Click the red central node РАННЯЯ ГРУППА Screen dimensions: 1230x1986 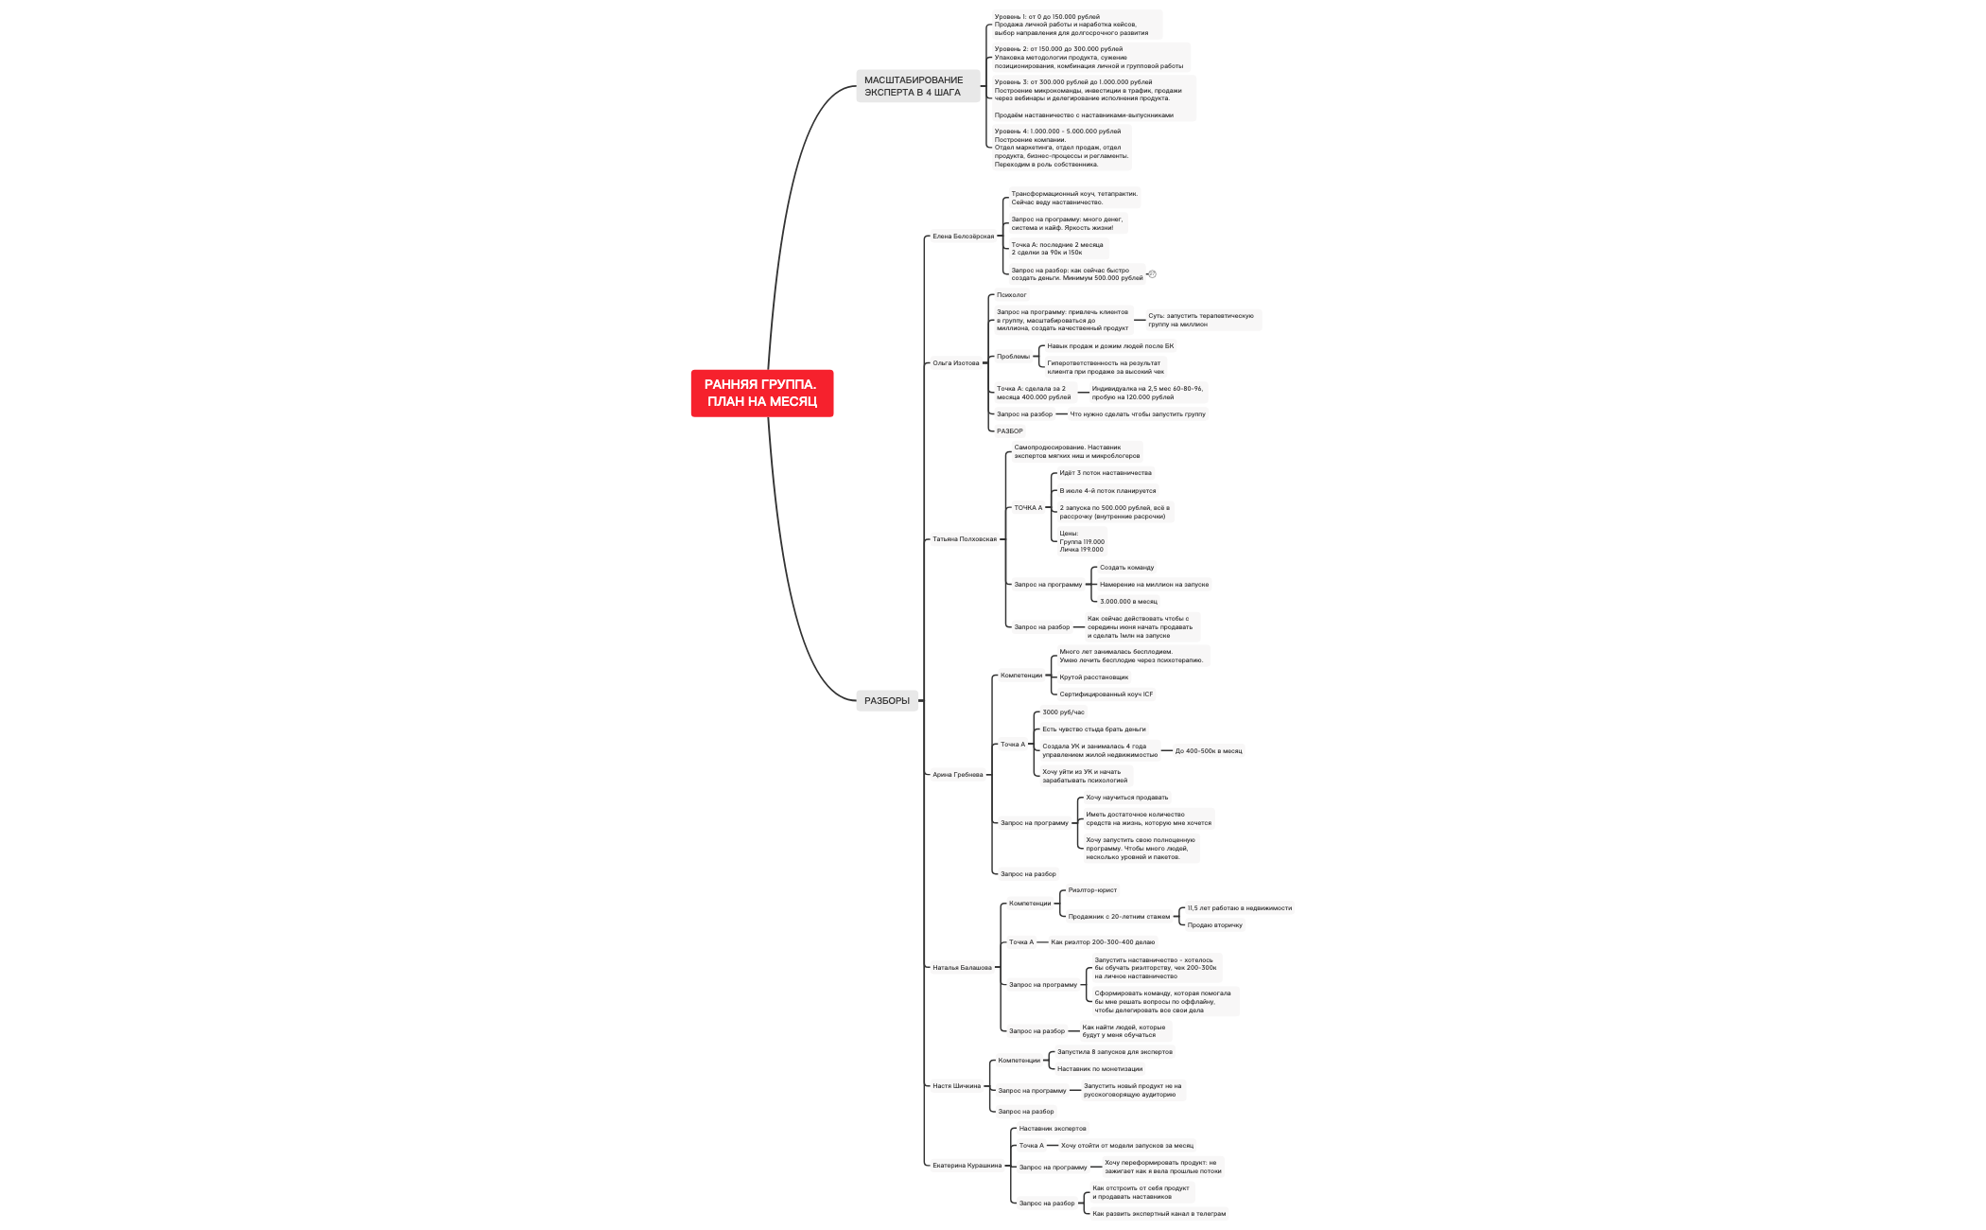coord(761,393)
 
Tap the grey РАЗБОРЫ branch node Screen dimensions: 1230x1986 coord(886,701)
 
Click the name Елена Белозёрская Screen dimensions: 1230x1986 coord(963,237)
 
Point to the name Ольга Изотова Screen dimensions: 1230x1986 coord(955,363)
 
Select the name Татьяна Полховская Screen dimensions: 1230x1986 coord(964,539)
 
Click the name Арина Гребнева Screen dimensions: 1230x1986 coord(957,775)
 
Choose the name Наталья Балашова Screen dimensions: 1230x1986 coord(962,968)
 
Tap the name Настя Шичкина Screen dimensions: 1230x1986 coord(956,1086)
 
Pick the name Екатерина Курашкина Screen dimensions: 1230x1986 coord(967,1166)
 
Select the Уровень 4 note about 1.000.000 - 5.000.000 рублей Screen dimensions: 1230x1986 coord(1060,148)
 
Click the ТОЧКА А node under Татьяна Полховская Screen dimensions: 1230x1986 coord(1027,508)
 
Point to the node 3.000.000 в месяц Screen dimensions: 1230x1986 coord(1127,602)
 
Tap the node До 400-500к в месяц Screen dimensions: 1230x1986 coord(1208,751)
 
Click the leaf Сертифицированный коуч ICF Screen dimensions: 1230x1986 coord(1106,694)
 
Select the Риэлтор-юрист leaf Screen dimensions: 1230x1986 coord(1091,890)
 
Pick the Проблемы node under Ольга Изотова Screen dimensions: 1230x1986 coord(1013,357)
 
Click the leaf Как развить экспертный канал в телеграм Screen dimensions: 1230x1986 coord(1158,1214)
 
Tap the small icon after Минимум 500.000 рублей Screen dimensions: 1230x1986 coord(1152,274)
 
